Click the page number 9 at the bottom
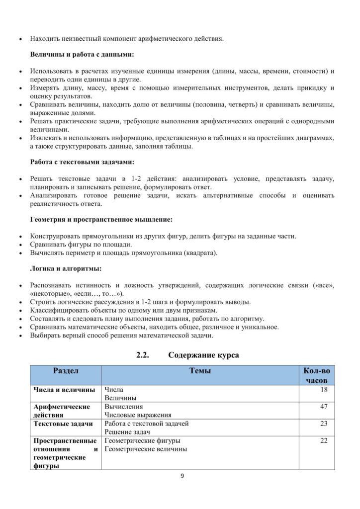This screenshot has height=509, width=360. [182, 476]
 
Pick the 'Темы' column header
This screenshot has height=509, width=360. [200, 371]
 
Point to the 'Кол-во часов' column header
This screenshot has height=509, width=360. [316, 375]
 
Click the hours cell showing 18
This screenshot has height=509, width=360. [324, 389]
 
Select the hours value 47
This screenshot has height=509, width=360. [324, 407]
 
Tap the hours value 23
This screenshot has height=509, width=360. [324, 424]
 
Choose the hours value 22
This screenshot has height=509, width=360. [324, 440]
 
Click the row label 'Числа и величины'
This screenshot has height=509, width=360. [61, 389]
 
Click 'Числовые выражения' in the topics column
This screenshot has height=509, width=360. [138, 415]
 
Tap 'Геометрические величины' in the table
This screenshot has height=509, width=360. [146, 449]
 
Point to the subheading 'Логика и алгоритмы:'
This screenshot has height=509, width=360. [66, 269]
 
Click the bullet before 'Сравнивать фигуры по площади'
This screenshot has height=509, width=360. [19, 245]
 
